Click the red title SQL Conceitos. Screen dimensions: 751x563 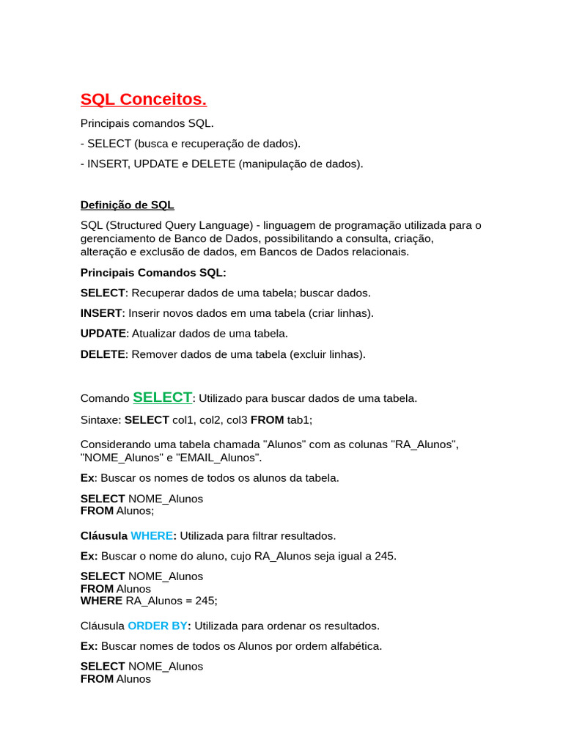[144, 100]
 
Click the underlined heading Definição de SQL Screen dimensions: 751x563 [128, 205]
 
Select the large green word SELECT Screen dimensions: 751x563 [162, 398]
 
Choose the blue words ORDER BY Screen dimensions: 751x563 [158, 626]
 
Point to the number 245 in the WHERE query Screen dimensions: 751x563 [205, 600]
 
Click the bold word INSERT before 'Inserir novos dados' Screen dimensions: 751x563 [101, 313]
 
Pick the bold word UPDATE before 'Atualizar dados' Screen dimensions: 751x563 [103, 333]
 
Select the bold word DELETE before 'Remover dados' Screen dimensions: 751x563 [103, 354]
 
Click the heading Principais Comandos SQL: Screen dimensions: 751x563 [153, 273]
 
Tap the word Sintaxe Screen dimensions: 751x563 [100, 420]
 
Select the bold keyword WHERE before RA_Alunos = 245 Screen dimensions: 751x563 [101, 600]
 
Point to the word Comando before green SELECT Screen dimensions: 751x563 [105, 399]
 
